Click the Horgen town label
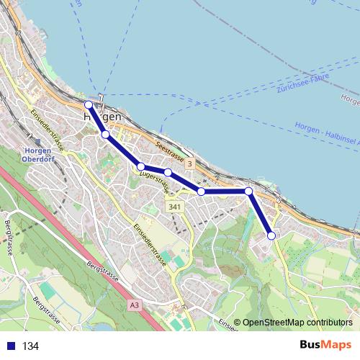[x=102, y=116]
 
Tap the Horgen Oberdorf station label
[x=37, y=155]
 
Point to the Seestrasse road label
[x=169, y=155]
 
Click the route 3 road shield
[x=189, y=165]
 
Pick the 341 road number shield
[x=173, y=207]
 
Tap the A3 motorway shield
[x=135, y=305]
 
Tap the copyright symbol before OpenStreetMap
[x=238, y=323]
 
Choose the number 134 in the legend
[x=30, y=346]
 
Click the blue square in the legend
[x=9, y=346]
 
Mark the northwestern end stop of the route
[x=89, y=104]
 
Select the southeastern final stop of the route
[x=271, y=235]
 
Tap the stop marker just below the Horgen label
[x=105, y=135]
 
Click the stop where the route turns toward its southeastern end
[x=248, y=191]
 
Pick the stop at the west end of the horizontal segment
[x=202, y=192]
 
